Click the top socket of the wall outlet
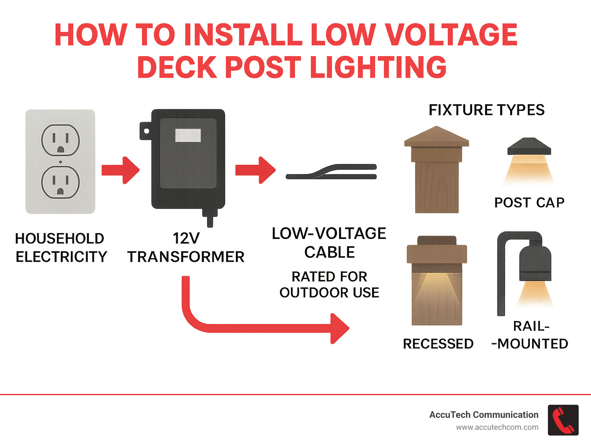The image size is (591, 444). (60, 140)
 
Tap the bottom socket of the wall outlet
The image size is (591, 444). (60, 182)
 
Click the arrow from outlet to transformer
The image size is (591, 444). (120, 170)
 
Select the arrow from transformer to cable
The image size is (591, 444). (255, 170)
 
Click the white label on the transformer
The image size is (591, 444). (188, 135)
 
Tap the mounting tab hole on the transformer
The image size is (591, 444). (147, 131)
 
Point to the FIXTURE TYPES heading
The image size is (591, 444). (486, 110)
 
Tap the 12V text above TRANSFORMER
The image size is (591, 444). (186, 239)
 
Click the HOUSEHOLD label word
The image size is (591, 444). (60, 239)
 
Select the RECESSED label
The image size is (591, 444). (438, 344)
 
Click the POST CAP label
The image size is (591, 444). (529, 203)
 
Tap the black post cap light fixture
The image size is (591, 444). (529, 147)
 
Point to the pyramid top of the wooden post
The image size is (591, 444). (436, 137)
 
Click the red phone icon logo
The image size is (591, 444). (563, 420)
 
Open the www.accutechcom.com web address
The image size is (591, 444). (497, 427)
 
